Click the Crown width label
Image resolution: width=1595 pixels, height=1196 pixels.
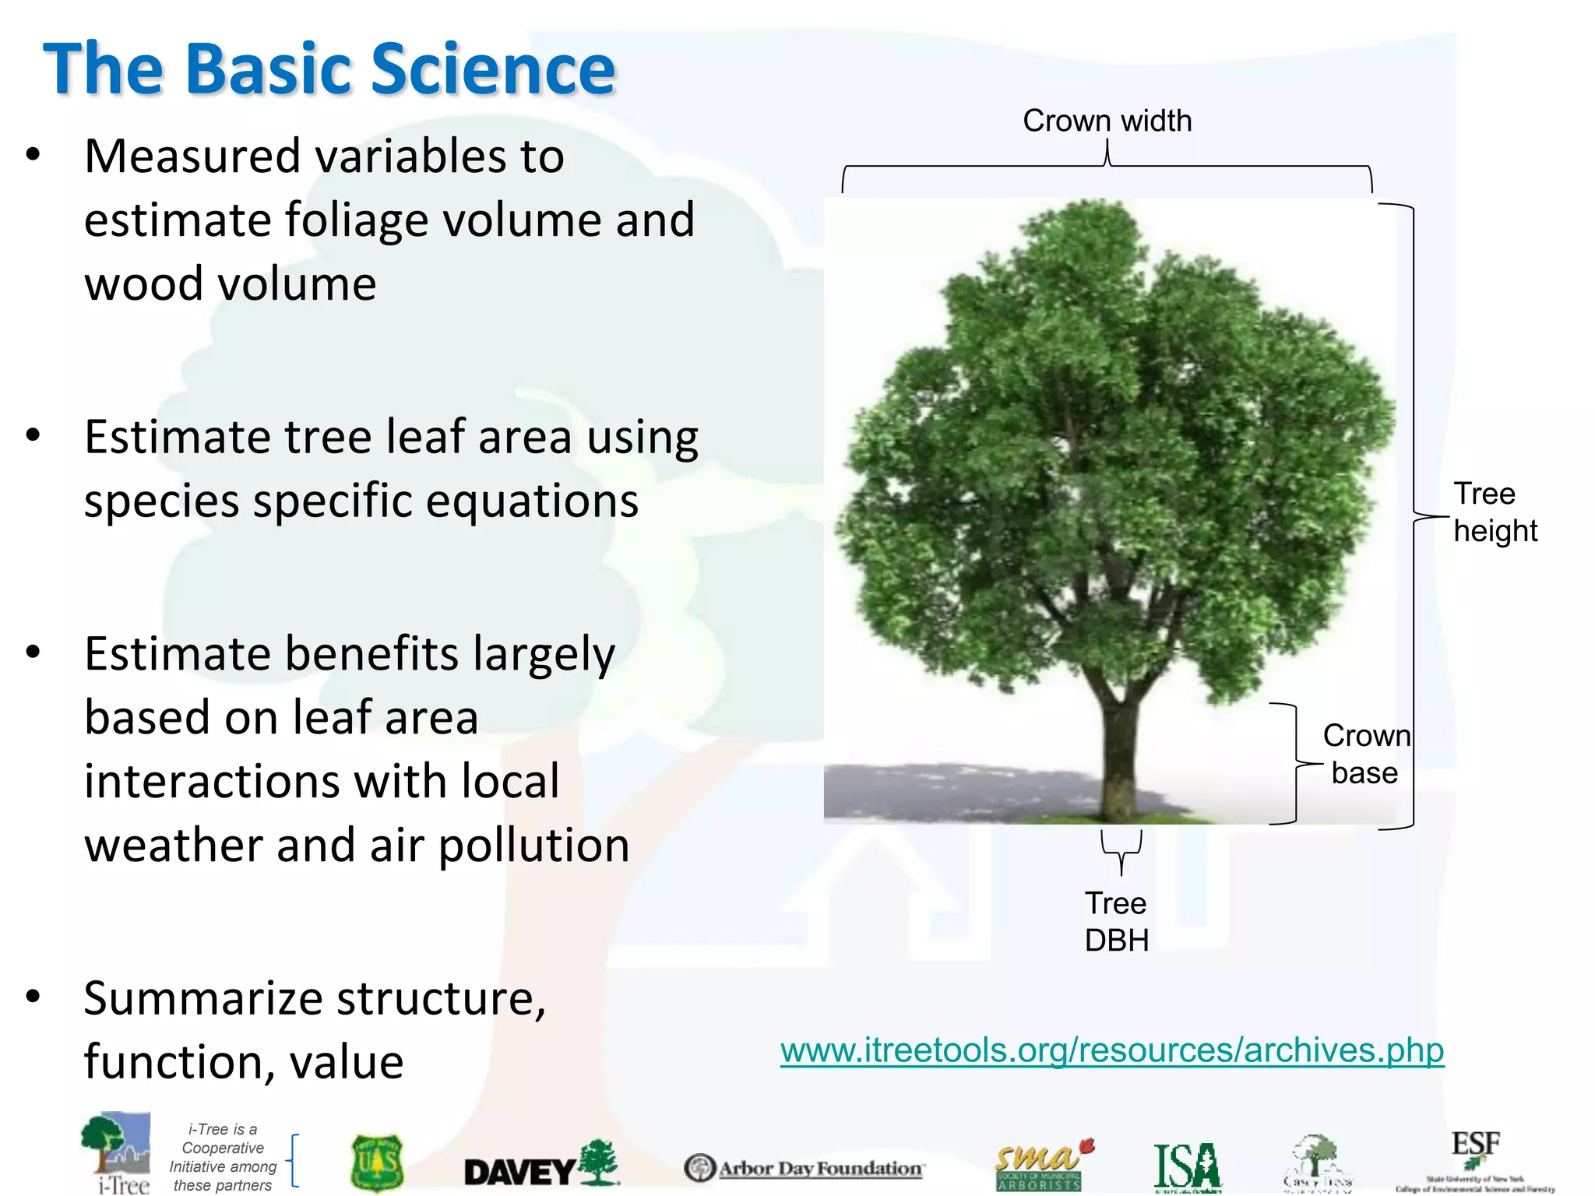(1107, 121)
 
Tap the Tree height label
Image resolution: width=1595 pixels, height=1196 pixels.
(1494, 512)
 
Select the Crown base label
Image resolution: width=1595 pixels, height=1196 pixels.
(1365, 754)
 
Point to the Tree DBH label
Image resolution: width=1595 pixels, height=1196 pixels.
(1116, 922)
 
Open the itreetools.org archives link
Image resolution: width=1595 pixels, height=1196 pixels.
(1111, 1050)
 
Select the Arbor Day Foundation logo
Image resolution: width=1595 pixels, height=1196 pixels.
(805, 1168)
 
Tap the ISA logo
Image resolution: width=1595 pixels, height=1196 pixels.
(1187, 1166)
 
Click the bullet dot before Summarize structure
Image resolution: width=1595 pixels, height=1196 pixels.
(33, 996)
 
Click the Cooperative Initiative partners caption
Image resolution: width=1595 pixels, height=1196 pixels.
(223, 1157)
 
